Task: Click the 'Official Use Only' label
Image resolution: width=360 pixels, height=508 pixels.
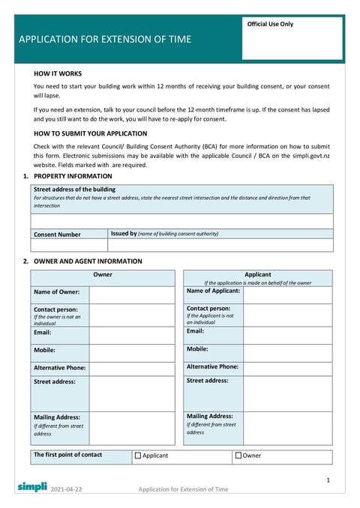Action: (x=271, y=24)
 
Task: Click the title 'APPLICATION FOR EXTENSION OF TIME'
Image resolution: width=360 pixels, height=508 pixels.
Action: (x=105, y=40)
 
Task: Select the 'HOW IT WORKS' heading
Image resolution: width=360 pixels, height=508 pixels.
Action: (x=58, y=74)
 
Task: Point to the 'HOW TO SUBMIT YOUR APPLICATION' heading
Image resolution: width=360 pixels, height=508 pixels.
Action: (x=91, y=133)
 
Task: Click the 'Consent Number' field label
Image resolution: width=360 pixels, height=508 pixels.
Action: (x=57, y=235)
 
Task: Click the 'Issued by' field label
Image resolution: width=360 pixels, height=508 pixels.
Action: (x=124, y=234)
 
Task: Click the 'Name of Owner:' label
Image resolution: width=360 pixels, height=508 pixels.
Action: (x=56, y=292)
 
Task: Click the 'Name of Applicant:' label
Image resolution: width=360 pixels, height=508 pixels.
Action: (x=213, y=291)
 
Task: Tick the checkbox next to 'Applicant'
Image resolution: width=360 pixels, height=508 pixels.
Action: (x=138, y=455)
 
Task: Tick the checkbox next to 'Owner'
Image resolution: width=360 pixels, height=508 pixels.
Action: (x=238, y=455)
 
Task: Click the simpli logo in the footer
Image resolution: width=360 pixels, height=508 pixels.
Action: (x=32, y=486)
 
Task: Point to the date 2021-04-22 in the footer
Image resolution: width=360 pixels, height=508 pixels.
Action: (x=67, y=489)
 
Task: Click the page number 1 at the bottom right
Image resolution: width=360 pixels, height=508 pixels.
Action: (x=328, y=479)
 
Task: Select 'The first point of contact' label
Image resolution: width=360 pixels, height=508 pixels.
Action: (x=67, y=455)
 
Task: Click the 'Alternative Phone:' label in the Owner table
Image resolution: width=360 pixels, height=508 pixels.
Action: (x=59, y=368)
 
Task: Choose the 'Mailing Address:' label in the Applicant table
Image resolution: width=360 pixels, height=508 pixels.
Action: (x=209, y=416)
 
